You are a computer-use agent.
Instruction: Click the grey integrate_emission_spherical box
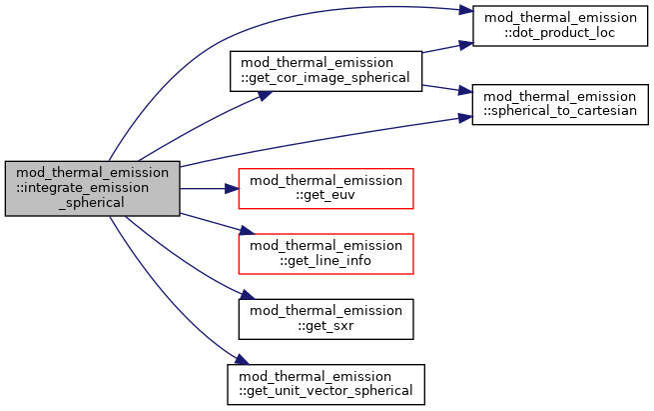click(x=92, y=188)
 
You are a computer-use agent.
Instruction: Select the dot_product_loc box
click(x=560, y=25)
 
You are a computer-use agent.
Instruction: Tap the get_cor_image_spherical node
click(x=326, y=71)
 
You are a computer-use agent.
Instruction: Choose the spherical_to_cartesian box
click(x=560, y=104)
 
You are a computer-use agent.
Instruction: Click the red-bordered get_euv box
click(x=326, y=188)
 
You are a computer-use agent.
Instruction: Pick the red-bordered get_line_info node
click(x=326, y=254)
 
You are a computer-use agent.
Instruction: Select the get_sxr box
click(x=326, y=319)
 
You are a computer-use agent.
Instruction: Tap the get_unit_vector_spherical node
click(x=326, y=384)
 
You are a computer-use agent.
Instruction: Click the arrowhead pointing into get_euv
click(x=232, y=189)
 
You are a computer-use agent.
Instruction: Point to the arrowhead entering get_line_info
click(x=247, y=230)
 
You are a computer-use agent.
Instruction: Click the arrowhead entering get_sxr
click(x=248, y=295)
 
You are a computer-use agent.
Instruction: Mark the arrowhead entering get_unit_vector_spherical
click(x=242, y=359)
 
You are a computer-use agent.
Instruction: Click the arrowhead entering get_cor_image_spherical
click(x=265, y=95)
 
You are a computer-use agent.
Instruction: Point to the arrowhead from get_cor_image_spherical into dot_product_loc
click(x=466, y=44)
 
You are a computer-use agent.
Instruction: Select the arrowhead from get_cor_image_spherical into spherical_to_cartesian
click(x=465, y=90)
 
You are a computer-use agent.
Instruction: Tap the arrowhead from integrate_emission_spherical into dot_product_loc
click(x=465, y=10)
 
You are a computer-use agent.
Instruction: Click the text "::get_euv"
click(x=326, y=195)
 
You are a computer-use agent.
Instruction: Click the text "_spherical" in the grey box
click(x=92, y=203)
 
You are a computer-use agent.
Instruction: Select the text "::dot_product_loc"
click(x=560, y=33)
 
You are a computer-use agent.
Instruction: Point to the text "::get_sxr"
click(x=326, y=325)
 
